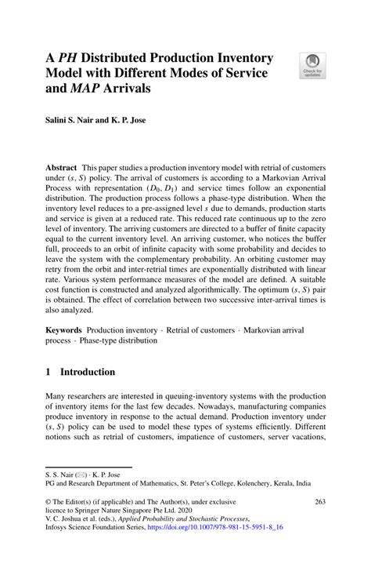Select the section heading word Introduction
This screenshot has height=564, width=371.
click(x=85, y=372)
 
